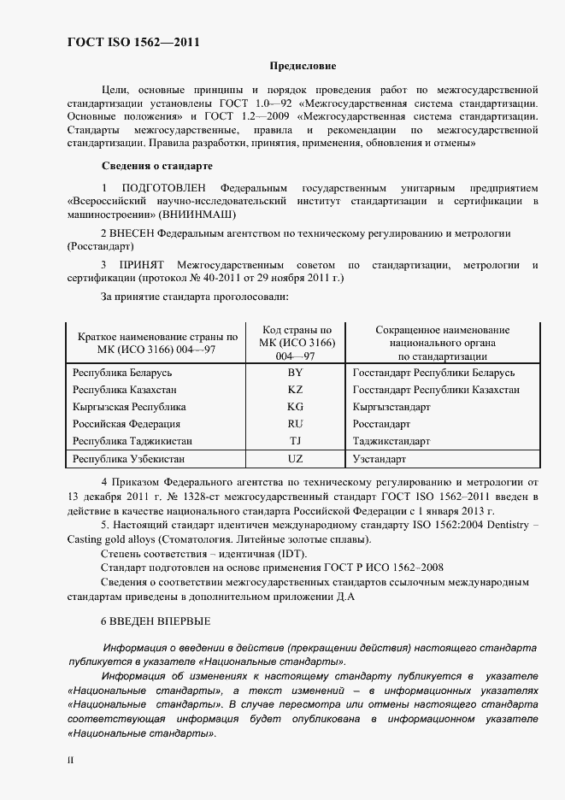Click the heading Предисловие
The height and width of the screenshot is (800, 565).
303,66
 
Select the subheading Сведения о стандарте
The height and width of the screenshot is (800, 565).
157,165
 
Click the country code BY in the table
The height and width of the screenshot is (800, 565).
295,374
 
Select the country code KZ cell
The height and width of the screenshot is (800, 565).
295,390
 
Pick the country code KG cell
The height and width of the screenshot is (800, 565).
295,407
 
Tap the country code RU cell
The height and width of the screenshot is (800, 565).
295,424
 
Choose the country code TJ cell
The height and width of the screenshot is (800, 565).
295,441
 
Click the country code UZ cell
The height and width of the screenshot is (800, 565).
295,459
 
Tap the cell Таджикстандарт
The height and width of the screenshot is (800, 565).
391,441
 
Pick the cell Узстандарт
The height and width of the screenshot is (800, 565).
381,459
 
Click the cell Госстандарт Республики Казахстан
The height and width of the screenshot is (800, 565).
436,390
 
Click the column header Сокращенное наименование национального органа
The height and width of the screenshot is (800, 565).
442,343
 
